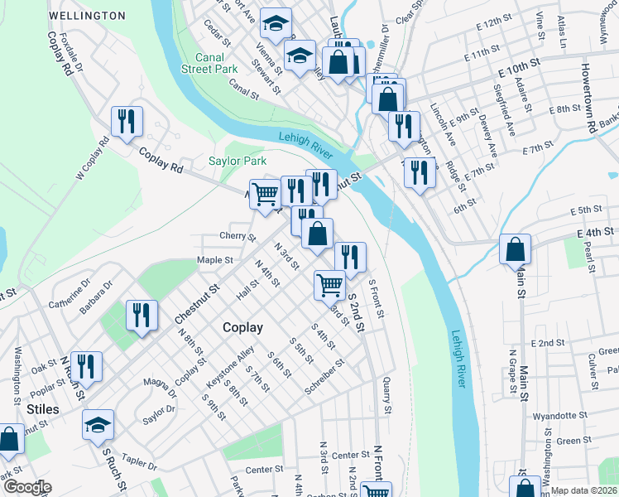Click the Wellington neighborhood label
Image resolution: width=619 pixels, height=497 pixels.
coord(87,16)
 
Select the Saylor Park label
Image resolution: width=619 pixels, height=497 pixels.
coord(238,161)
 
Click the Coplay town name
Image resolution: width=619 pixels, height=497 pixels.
coord(242,327)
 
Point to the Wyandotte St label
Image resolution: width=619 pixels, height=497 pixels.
coord(560,415)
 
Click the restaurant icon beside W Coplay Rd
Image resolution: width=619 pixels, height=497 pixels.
coord(127,122)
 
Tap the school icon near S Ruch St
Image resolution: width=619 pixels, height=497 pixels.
coord(98,425)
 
